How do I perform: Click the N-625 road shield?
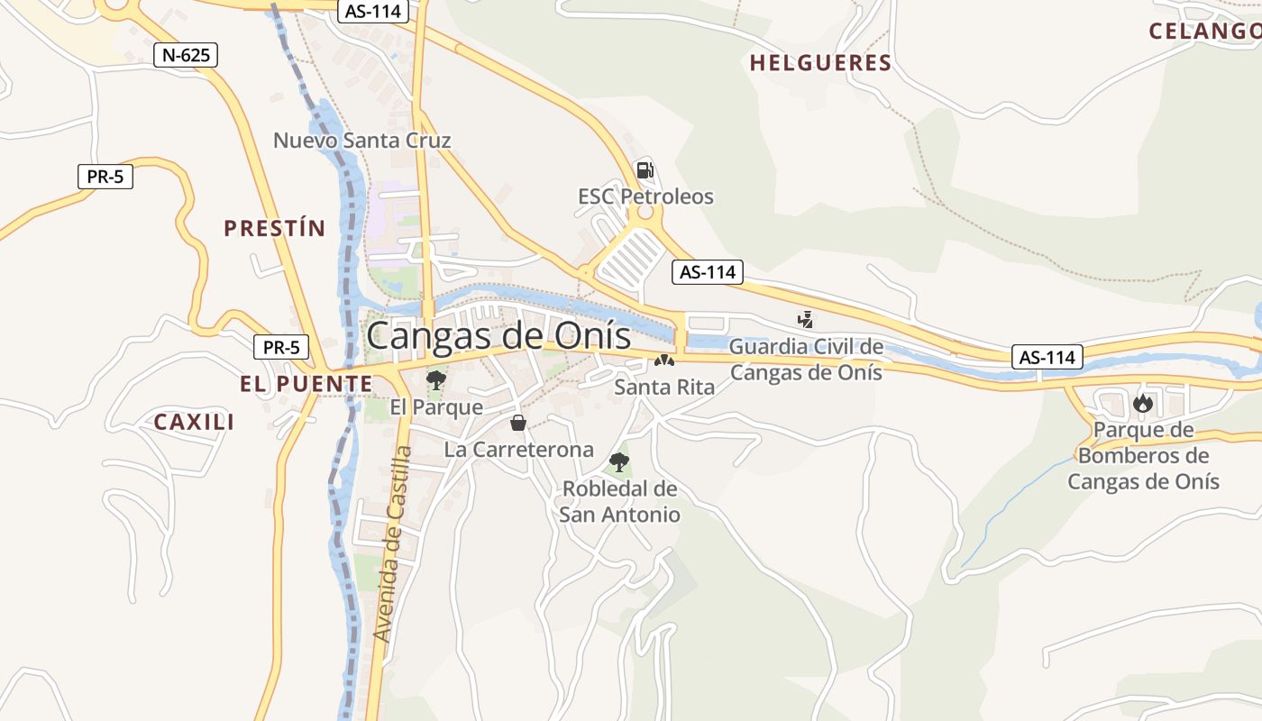tap(186, 55)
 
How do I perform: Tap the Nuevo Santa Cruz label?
tap(361, 141)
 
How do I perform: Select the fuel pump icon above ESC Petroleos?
tap(645, 169)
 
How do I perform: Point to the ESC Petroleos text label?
tap(645, 196)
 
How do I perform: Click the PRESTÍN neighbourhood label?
tap(274, 228)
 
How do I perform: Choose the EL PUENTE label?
tap(306, 384)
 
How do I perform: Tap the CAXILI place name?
tap(194, 422)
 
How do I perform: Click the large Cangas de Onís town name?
tap(498, 336)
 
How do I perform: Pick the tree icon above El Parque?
tap(436, 379)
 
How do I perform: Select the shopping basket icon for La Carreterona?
tap(518, 422)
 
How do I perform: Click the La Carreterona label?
tap(518, 449)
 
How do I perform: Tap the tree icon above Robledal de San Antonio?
tap(619, 462)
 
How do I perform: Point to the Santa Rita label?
tap(664, 388)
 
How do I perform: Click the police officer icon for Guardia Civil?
tap(805, 319)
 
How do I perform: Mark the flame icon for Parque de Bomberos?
tap(1143, 403)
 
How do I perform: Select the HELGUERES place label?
tap(820, 63)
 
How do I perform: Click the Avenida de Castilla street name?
tap(393, 543)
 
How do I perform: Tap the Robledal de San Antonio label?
tap(619, 502)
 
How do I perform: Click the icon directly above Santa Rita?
tap(664, 360)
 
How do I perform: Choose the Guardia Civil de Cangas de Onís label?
tap(806, 360)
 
